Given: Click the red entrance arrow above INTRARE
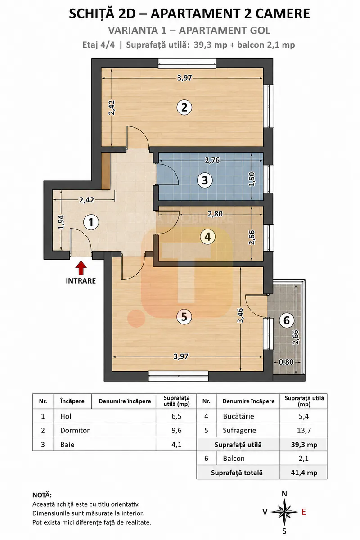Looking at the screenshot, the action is coord(81,268).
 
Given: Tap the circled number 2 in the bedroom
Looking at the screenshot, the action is coord(184,108).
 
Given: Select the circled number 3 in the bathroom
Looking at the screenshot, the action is coord(205,180).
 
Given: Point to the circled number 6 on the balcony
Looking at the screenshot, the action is coord(287,320).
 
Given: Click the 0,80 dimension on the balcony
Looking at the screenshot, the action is coord(286,362).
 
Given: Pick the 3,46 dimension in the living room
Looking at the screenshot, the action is coord(240,315).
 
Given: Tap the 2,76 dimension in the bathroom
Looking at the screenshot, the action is coord(212,160).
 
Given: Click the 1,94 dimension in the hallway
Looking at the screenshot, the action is coord(61,222).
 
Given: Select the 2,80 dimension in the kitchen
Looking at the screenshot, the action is coord(215,214).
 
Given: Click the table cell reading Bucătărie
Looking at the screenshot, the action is coord(238,416).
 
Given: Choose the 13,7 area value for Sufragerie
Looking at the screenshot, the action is coord(304,430).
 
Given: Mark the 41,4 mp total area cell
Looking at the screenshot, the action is coord(304,473).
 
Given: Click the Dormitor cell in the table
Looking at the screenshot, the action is coord(75,430).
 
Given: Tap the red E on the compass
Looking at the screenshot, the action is coord(304,512).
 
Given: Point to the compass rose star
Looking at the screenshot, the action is coord(284,512).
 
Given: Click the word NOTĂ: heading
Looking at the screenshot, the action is coord(42,495).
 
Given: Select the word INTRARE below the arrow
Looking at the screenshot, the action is coord(81,281).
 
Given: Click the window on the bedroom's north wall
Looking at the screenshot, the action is coord(187,63).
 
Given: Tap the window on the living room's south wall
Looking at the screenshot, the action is coord(178,376).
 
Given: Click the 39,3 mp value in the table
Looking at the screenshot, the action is coord(304,445).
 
